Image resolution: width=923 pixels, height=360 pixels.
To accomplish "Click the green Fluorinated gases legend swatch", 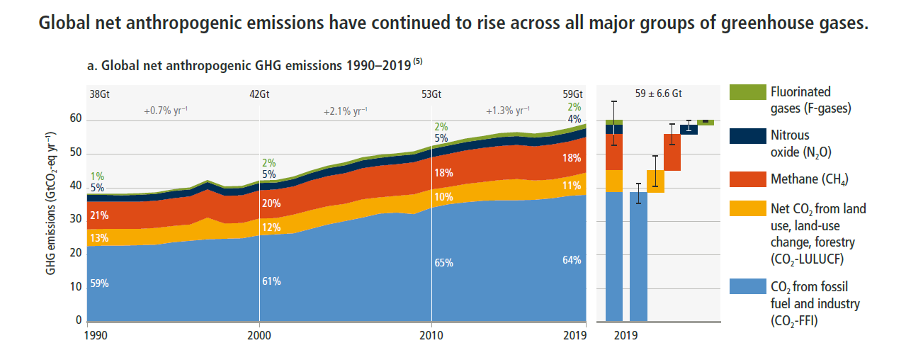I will (747, 92).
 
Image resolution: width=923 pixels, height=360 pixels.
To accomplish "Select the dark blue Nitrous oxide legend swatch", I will (747, 136).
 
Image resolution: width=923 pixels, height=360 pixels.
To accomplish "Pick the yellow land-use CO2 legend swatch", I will (747, 210).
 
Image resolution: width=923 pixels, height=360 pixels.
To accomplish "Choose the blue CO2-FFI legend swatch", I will (747, 288).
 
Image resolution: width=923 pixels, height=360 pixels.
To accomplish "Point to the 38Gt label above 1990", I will (100, 94).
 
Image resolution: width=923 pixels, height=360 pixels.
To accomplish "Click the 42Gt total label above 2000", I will (260, 94).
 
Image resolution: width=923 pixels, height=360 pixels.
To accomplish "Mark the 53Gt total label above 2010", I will (431, 94).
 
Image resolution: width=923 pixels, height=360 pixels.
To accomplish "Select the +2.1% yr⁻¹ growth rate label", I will (346, 111).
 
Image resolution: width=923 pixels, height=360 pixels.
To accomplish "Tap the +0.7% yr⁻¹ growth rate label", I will (166, 111).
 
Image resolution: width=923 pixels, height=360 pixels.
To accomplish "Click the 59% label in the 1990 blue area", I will (98, 283).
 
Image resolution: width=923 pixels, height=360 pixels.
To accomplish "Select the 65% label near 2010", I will (444, 263).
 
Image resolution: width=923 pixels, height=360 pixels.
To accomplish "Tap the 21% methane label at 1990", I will (98, 215).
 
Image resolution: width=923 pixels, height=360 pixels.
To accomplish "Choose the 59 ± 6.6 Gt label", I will (659, 94).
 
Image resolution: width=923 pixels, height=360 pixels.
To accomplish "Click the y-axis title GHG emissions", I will (51, 203).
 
